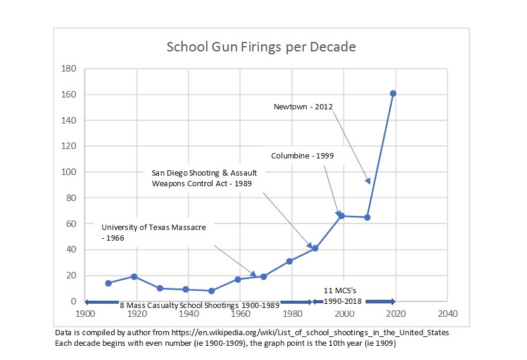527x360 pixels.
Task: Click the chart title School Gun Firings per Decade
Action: (x=261, y=47)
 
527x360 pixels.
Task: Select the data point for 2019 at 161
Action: (x=393, y=93)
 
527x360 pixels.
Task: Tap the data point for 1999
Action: (x=341, y=216)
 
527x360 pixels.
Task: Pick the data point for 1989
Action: (x=315, y=248)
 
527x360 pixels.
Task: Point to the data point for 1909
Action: (x=108, y=283)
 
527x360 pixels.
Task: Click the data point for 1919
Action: (x=134, y=277)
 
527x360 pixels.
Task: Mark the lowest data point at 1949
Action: (x=212, y=291)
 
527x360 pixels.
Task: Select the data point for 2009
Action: (x=367, y=217)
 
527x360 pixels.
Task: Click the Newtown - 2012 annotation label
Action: (x=303, y=107)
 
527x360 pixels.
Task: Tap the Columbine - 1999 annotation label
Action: (x=302, y=156)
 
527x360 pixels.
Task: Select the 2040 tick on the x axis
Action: (x=447, y=313)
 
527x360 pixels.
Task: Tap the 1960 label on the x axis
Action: (x=240, y=313)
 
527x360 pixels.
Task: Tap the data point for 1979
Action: (x=289, y=261)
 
